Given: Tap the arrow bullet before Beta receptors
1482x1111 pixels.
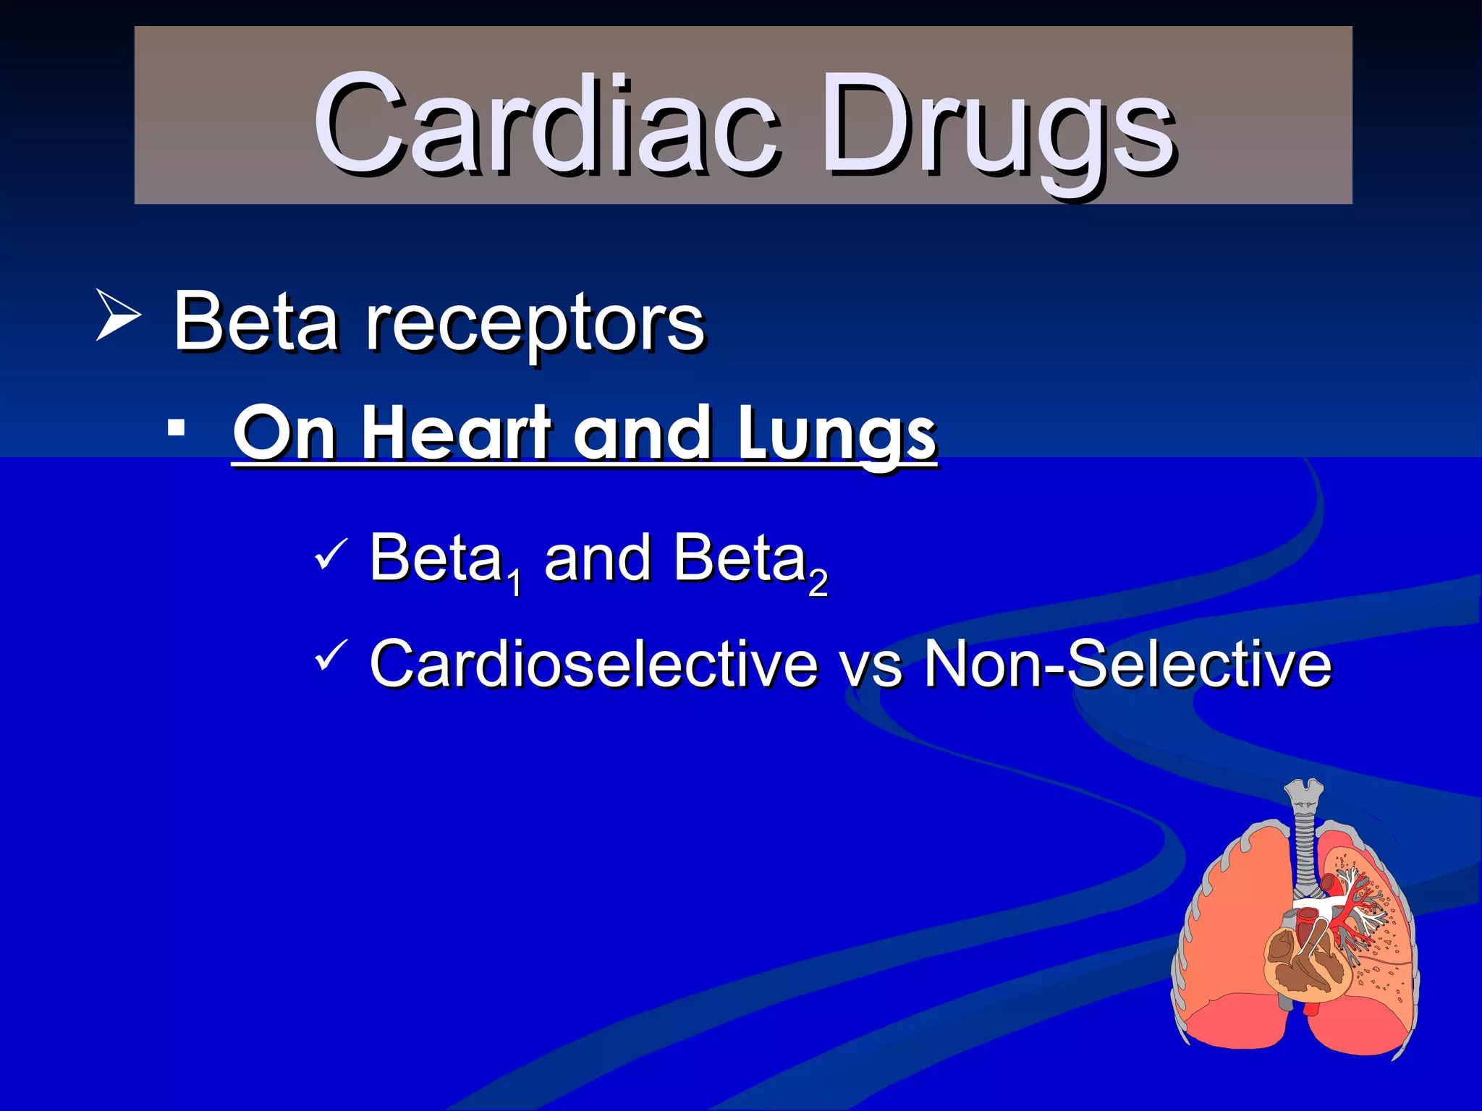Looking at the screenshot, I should (x=117, y=315).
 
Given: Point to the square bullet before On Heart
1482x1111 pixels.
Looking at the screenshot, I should (x=175, y=429).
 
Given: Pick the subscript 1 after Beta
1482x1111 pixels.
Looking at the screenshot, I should (x=515, y=582).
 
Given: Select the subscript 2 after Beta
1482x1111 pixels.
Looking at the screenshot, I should (x=818, y=582).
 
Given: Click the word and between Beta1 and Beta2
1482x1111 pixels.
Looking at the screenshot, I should (x=598, y=558).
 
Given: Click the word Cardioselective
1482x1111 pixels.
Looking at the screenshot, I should (x=593, y=663).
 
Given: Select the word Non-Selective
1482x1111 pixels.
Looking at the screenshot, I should (x=1127, y=663).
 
